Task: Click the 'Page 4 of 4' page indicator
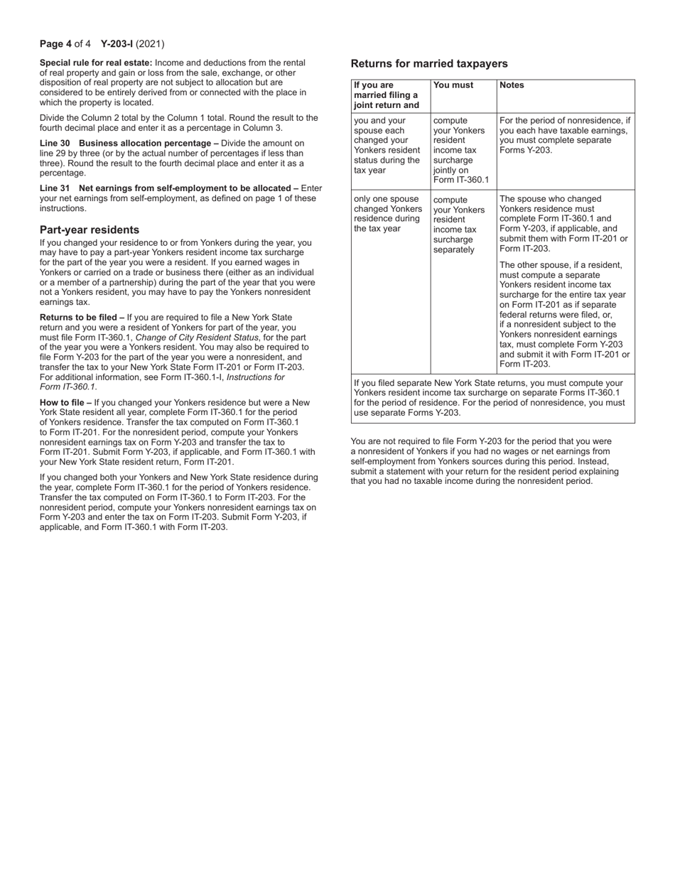coord(65,44)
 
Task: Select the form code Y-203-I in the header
coord(117,44)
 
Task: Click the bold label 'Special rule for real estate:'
coord(96,63)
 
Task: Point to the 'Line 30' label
coord(55,143)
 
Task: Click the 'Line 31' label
coord(55,188)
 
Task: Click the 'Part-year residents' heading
coord(90,230)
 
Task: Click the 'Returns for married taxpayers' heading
coord(429,63)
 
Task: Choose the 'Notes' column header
coord(512,85)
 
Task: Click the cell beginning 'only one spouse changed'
coord(388,214)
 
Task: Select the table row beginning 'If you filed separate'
coord(492,397)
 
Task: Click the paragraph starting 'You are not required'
coord(485,461)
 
